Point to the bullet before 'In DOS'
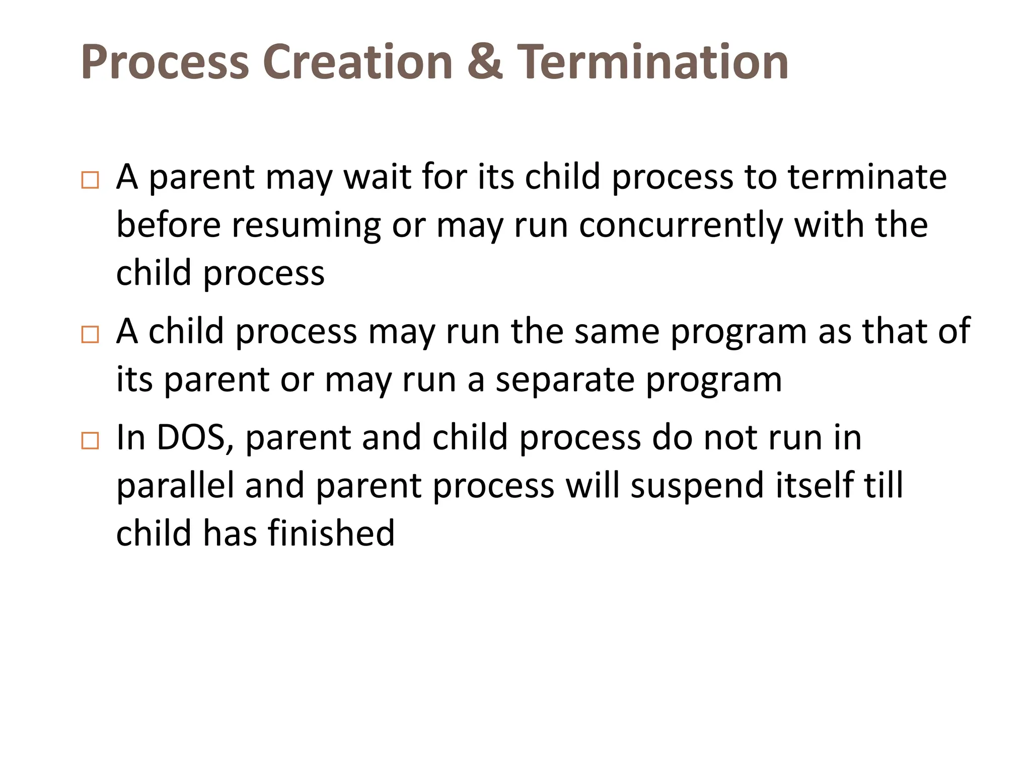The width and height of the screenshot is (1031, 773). (x=90, y=441)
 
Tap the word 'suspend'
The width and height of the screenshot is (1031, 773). (x=697, y=486)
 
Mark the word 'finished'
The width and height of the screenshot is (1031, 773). (x=331, y=533)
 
